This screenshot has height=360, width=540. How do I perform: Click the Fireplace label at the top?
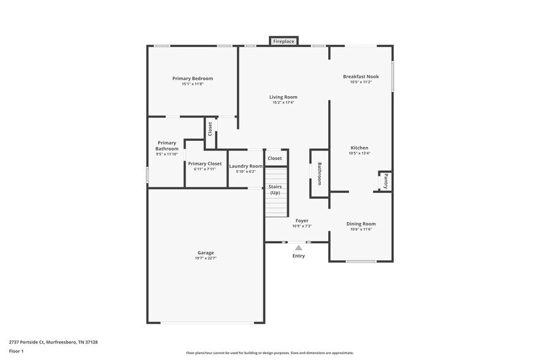283,41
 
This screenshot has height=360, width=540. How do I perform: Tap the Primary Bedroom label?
192,78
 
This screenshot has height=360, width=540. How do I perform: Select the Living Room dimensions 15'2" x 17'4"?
283,103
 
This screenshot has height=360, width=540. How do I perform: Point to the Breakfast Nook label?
361,77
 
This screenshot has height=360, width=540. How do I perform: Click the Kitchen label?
359,148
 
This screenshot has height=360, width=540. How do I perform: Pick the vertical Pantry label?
385,181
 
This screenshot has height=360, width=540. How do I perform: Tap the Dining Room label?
361,224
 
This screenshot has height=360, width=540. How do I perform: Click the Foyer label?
302,220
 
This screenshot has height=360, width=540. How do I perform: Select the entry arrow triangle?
298,247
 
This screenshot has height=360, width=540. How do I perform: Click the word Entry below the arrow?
298,256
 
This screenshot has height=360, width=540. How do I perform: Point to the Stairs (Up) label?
275,190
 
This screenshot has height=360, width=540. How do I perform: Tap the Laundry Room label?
246,166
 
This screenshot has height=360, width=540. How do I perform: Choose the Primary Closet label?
204,163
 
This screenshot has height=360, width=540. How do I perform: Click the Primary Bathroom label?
167,146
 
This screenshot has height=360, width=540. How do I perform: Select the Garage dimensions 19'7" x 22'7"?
206,258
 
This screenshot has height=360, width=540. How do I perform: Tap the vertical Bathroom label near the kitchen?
319,173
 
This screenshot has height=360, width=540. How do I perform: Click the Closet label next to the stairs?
275,159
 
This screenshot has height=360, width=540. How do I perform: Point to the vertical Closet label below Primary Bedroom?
210,129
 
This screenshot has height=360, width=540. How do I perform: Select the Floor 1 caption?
16,351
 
